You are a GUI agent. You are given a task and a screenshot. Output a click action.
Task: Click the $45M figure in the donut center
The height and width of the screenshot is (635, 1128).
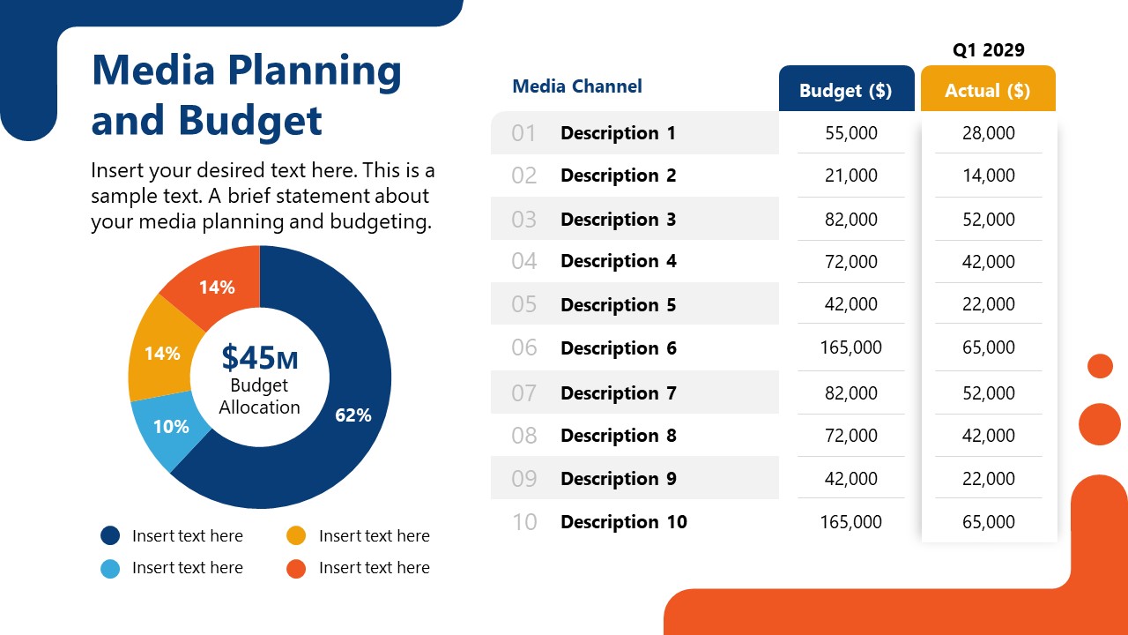(x=259, y=357)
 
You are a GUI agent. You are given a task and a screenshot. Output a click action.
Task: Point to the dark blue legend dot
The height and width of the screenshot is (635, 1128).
(x=110, y=535)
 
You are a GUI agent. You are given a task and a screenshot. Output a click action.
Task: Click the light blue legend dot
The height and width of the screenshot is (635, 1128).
(x=110, y=568)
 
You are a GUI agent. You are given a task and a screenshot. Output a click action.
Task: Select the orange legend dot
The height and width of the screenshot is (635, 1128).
(x=297, y=568)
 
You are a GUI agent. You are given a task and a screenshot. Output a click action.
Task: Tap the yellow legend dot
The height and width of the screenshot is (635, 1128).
(x=297, y=535)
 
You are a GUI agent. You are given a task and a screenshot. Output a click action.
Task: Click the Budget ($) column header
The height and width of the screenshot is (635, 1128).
(x=846, y=90)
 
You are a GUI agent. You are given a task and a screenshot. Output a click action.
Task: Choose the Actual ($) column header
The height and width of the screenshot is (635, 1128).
(x=988, y=90)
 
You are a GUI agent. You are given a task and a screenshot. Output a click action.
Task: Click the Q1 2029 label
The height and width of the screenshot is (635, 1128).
(x=989, y=50)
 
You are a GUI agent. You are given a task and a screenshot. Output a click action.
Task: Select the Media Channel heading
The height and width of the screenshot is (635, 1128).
(x=577, y=86)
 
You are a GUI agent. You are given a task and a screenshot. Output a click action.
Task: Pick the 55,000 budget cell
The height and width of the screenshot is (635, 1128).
(x=851, y=133)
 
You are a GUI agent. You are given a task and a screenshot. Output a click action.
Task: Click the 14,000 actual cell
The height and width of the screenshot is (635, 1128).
(x=989, y=176)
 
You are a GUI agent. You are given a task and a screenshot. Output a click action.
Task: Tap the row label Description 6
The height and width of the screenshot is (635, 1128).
(x=619, y=348)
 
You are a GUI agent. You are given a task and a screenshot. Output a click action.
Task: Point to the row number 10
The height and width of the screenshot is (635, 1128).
(x=524, y=522)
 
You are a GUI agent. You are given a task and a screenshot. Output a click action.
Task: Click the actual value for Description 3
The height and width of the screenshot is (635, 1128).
(x=989, y=220)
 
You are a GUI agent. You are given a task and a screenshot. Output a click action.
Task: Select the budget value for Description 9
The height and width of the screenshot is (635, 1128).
(x=851, y=479)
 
